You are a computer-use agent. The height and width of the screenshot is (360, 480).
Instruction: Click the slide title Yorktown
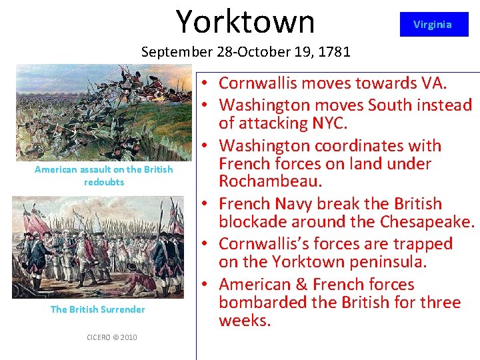pyautogui.click(x=245, y=21)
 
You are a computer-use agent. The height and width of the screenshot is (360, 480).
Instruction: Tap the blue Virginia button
pyautogui.click(x=433, y=25)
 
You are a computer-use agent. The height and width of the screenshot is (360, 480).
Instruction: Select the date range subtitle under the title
pyautogui.click(x=246, y=51)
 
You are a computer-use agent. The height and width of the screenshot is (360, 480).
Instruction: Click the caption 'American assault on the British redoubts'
pyautogui.click(x=103, y=175)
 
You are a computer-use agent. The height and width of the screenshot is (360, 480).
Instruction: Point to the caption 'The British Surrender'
pyautogui.click(x=98, y=309)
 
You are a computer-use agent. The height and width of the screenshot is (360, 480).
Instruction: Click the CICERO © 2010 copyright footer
pyautogui.click(x=112, y=337)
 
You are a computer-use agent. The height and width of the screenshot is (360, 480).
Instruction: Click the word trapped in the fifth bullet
pyautogui.click(x=421, y=244)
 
